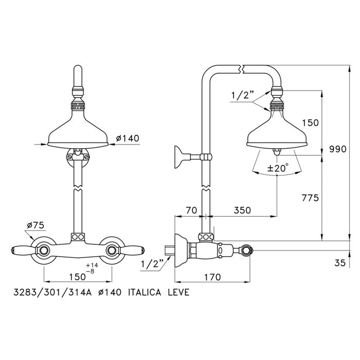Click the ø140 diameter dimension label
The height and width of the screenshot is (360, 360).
tap(128, 138)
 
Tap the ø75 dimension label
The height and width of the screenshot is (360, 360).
tap(35, 225)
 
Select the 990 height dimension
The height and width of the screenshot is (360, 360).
tap(338, 149)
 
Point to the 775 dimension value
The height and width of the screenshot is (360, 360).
tap(311, 197)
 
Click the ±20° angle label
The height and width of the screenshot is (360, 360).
tap(277, 168)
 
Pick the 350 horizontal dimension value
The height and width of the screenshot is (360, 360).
tap(242, 210)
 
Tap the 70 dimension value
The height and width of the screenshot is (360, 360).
tap(191, 210)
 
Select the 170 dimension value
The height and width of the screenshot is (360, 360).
tap(212, 277)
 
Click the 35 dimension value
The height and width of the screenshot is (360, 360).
tap(340, 263)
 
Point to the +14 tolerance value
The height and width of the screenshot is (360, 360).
tap(92, 265)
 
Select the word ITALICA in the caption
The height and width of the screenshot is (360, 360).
tap(145, 292)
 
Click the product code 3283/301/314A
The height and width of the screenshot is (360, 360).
tap(52, 292)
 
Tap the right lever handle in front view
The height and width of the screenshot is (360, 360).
tap(131, 250)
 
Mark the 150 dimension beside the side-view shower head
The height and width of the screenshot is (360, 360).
tap(311, 123)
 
